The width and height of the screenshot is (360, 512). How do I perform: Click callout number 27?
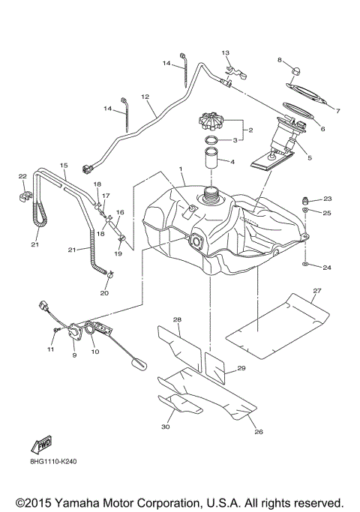pos(316,290)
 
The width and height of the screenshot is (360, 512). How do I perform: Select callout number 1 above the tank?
pos(181,169)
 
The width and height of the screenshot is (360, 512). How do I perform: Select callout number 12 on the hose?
pos(145,97)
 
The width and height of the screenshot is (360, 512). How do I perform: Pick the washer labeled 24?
pos(307,265)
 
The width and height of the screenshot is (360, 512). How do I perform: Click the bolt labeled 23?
pos(306,199)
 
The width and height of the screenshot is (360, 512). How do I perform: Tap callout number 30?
pos(166,427)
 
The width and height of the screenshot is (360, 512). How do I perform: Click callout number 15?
pos(64,165)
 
